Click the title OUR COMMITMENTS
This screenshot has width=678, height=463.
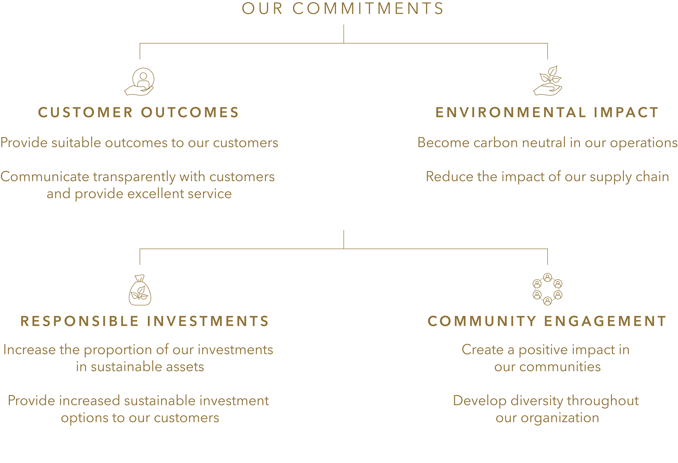pyautogui.click(x=343, y=8)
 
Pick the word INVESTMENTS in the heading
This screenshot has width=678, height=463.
pyautogui.click(x=208, y=321)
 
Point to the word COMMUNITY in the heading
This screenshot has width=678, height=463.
pyautogui.click(x=482, y=321)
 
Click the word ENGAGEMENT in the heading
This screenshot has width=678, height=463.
pyautogui.click(x=605, y=321)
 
